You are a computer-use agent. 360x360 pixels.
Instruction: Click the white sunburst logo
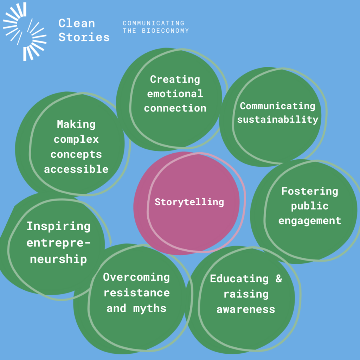(25, 32)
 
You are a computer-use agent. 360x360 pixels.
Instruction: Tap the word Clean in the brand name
(77, 23)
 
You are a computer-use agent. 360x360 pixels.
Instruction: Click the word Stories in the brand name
(84, 37)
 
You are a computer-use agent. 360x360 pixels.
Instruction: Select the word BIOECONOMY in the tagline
(165, 31)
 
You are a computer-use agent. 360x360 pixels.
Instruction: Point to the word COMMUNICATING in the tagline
(154, 23)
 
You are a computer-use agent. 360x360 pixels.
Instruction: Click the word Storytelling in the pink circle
(189, 202)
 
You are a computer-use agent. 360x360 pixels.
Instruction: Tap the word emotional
(175, 94)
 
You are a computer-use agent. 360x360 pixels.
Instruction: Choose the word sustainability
(278, 120)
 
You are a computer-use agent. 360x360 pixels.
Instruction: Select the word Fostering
(310, 192)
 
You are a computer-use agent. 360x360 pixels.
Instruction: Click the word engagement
(310, 221)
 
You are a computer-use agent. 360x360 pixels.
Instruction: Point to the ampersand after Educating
(279, 278)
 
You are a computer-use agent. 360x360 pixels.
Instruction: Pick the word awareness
(246, 309)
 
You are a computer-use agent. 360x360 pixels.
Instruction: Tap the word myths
(150, 308)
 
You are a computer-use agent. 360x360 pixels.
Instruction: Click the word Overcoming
(136, 277)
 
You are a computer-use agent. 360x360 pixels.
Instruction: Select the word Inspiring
(59, 226)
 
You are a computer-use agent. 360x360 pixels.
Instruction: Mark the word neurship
(58, 259)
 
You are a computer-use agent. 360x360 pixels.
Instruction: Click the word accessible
(76, 169)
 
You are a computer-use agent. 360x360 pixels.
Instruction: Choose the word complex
(76, 140)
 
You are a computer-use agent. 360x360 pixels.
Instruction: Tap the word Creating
(175, 80)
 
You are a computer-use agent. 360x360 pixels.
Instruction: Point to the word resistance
(137, 293)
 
